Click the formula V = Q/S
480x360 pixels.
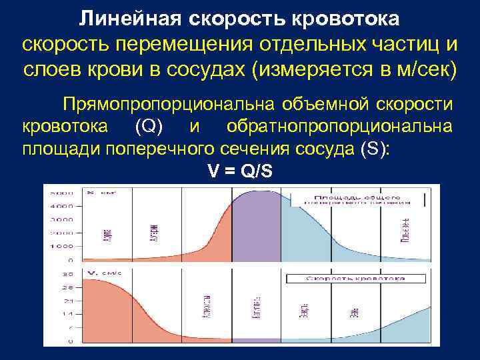pos(240,171)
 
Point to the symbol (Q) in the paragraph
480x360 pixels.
pos(146,127)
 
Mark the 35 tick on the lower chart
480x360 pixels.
pos(67,274)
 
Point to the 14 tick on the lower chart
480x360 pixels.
pos(67,313)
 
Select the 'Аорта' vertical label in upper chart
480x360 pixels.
pos(107,235)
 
